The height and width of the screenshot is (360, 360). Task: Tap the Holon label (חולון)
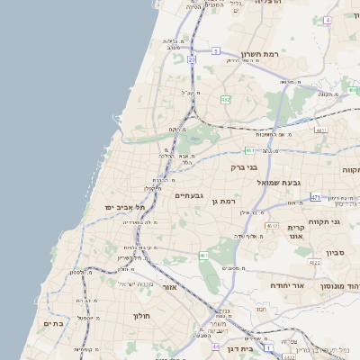[x=142, y=316]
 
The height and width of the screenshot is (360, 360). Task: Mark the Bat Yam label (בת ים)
[x=53, y=323]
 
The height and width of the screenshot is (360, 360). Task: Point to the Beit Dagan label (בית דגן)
[x=241, y=348]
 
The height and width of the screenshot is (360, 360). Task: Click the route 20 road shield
[x=192, y=59]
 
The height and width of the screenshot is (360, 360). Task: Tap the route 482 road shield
[x=225, y=99]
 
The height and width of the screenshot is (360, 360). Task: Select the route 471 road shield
[x=316, y=196]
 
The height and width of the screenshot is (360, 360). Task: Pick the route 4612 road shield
[x=272, y=227]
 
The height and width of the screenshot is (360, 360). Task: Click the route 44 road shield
[x=215, y=346]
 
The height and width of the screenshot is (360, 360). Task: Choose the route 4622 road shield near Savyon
[x=314, y=263]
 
